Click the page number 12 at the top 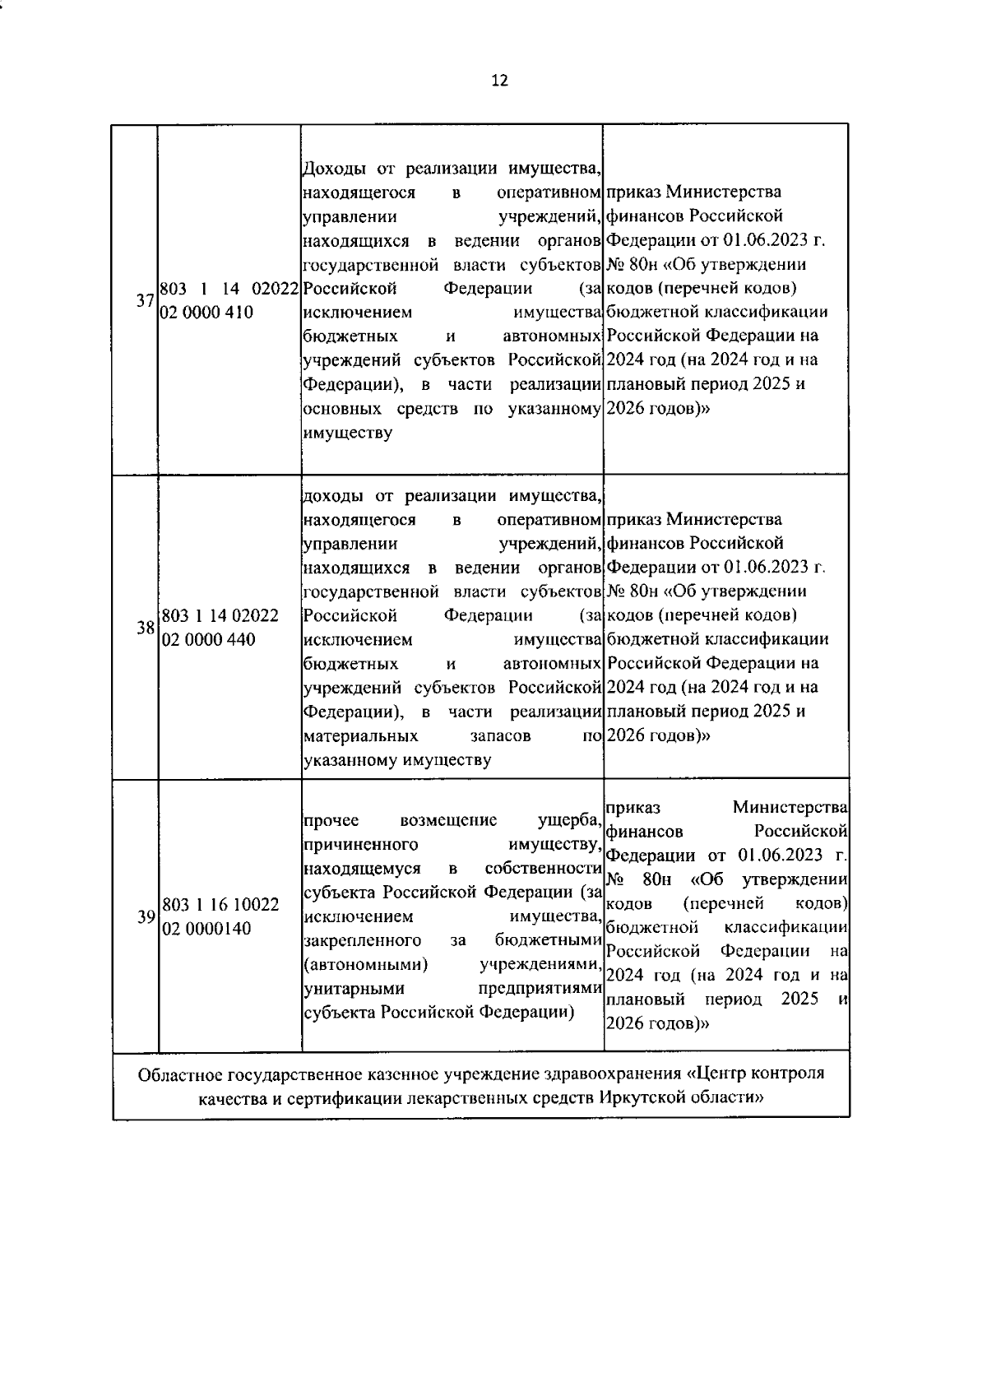(499, 81)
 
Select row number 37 (146, 301)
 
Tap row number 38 (146, 628)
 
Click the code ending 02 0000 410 (207, 313)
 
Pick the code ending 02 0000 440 (208, 640)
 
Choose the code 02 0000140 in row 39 (207, 929)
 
